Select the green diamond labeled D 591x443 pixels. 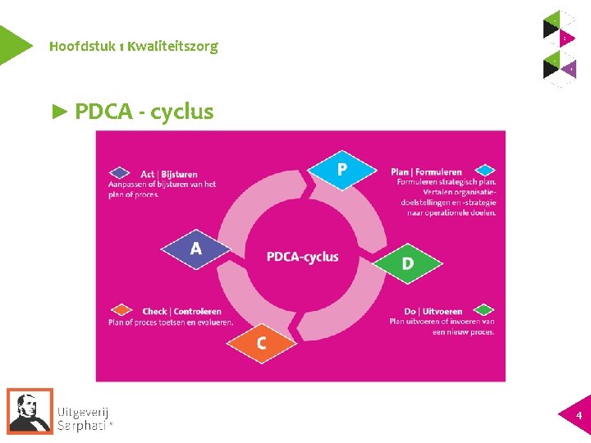point(407,263)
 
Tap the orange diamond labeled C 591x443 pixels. point(261,343)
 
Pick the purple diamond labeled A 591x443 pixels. point(195,249)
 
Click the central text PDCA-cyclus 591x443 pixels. point(302,257)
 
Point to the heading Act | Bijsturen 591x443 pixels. point(169,174)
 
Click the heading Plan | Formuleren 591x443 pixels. point(426,172)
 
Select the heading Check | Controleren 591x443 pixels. point(181,312)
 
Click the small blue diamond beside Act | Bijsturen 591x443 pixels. point(121,173)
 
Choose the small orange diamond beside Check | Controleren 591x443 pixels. point(121,310)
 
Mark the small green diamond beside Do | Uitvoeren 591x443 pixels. point(485,310)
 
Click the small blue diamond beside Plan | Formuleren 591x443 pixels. point(486,171)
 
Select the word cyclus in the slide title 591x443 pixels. point(182,112)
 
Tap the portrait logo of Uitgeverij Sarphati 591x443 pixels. point(30,410)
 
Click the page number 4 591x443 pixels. point(579,416)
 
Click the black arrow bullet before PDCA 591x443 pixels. point(60,112)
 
